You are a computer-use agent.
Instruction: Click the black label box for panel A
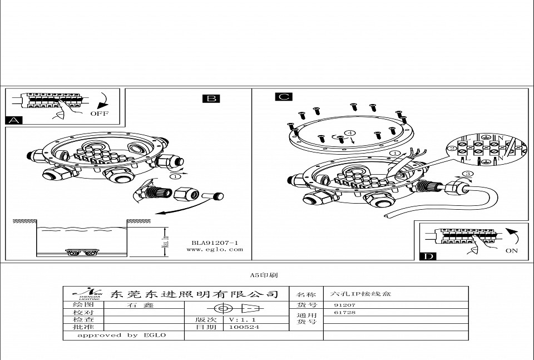tap(14, 120)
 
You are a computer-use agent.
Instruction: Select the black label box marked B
tap(211, 98)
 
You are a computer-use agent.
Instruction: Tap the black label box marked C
tap(283, 97)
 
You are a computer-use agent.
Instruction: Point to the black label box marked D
tap(428, 256)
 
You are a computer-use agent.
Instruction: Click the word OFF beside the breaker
tap(99, 114)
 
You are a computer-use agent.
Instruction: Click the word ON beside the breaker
tap(511, 250)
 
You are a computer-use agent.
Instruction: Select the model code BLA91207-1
tap(215, 243)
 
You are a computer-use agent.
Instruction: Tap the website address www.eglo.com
tap(215, 250)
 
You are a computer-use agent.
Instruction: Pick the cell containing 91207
tap(344, 305)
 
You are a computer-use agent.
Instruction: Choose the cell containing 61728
tap(344, 313)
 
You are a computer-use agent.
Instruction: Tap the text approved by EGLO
tap(121, 336)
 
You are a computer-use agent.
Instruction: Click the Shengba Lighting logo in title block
tap(84, 294)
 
